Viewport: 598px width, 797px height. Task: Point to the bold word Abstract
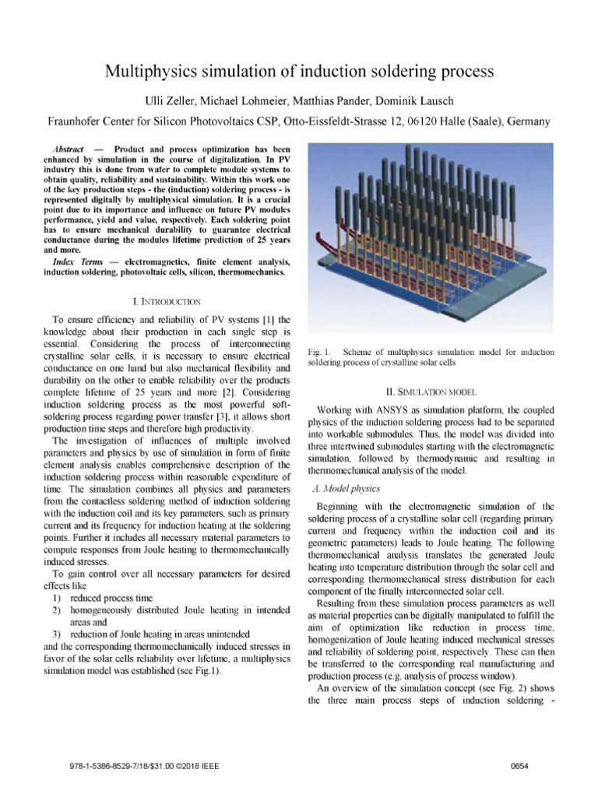tap(67, 148)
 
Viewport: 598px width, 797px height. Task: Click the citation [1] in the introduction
tap(262, 319)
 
